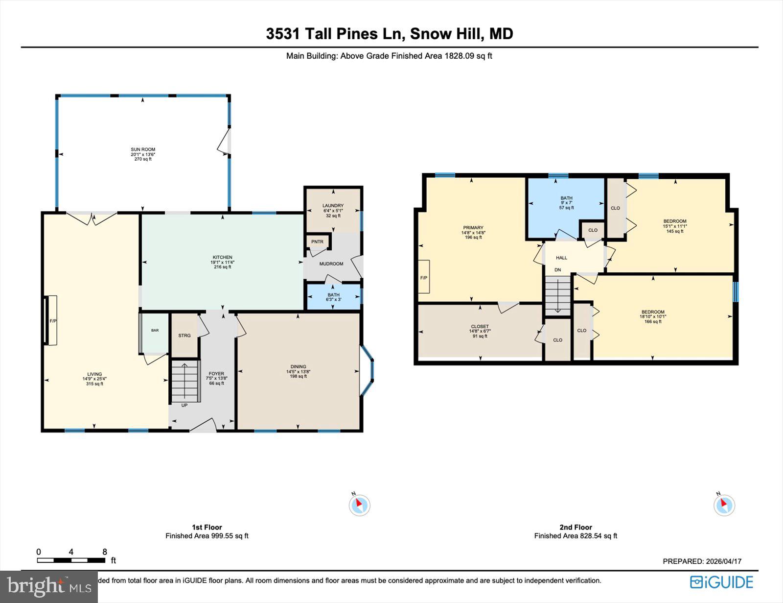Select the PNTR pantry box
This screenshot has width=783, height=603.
318,242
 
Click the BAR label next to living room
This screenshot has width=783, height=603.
155,331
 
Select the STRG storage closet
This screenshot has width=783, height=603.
184,336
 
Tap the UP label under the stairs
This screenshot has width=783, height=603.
184,405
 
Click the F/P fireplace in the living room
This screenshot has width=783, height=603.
52,321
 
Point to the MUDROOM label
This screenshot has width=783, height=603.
331,264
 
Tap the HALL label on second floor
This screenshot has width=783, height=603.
561,258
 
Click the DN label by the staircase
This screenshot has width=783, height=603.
557,270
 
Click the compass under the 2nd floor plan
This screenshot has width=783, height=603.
724,505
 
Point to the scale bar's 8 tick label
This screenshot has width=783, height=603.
104,552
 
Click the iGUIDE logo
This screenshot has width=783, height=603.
721,582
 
